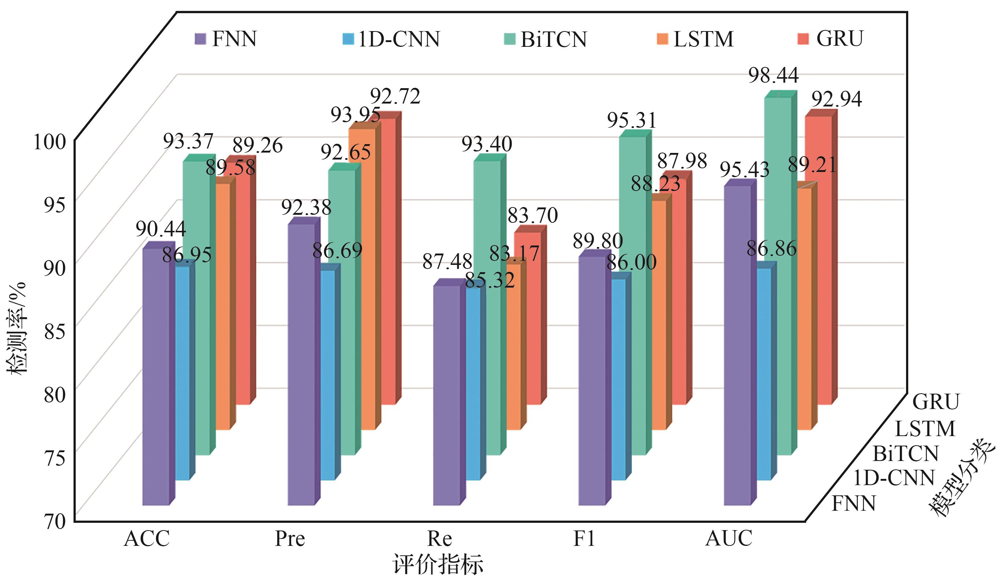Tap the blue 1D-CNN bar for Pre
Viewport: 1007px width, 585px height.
point(328,376)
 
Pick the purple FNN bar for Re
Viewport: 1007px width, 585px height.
point(447,395)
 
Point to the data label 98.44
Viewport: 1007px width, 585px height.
point(773,75)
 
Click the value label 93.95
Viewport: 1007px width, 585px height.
point(355,116)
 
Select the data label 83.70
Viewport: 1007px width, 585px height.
point(532,216)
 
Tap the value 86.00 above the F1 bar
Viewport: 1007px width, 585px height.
point(631,263)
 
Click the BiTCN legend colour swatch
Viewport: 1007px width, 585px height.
point(510,39)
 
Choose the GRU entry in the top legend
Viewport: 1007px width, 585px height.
point(839,39)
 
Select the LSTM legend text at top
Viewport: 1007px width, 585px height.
point(703,39)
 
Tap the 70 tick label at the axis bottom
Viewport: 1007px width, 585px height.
point(55,521)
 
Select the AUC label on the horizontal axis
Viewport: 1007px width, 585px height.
point(729,539)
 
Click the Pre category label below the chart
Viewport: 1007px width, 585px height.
point(290,539)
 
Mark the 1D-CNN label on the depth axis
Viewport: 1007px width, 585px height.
point(894,477)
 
